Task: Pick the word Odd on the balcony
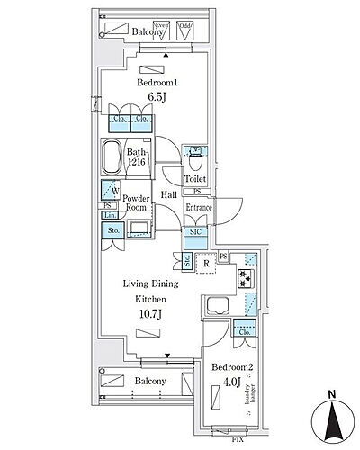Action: click(x=185, y=27)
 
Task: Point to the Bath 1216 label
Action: click(x=136, y=157)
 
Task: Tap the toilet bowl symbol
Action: click(x=193, y=161)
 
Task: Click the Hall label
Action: click(x=168, y=194)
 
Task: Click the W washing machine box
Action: click(x=109, y=192)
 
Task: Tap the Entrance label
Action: click(x=198, y=208)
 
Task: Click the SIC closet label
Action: click(x=196, y=232)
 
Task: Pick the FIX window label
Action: click(x=237, y=440)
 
